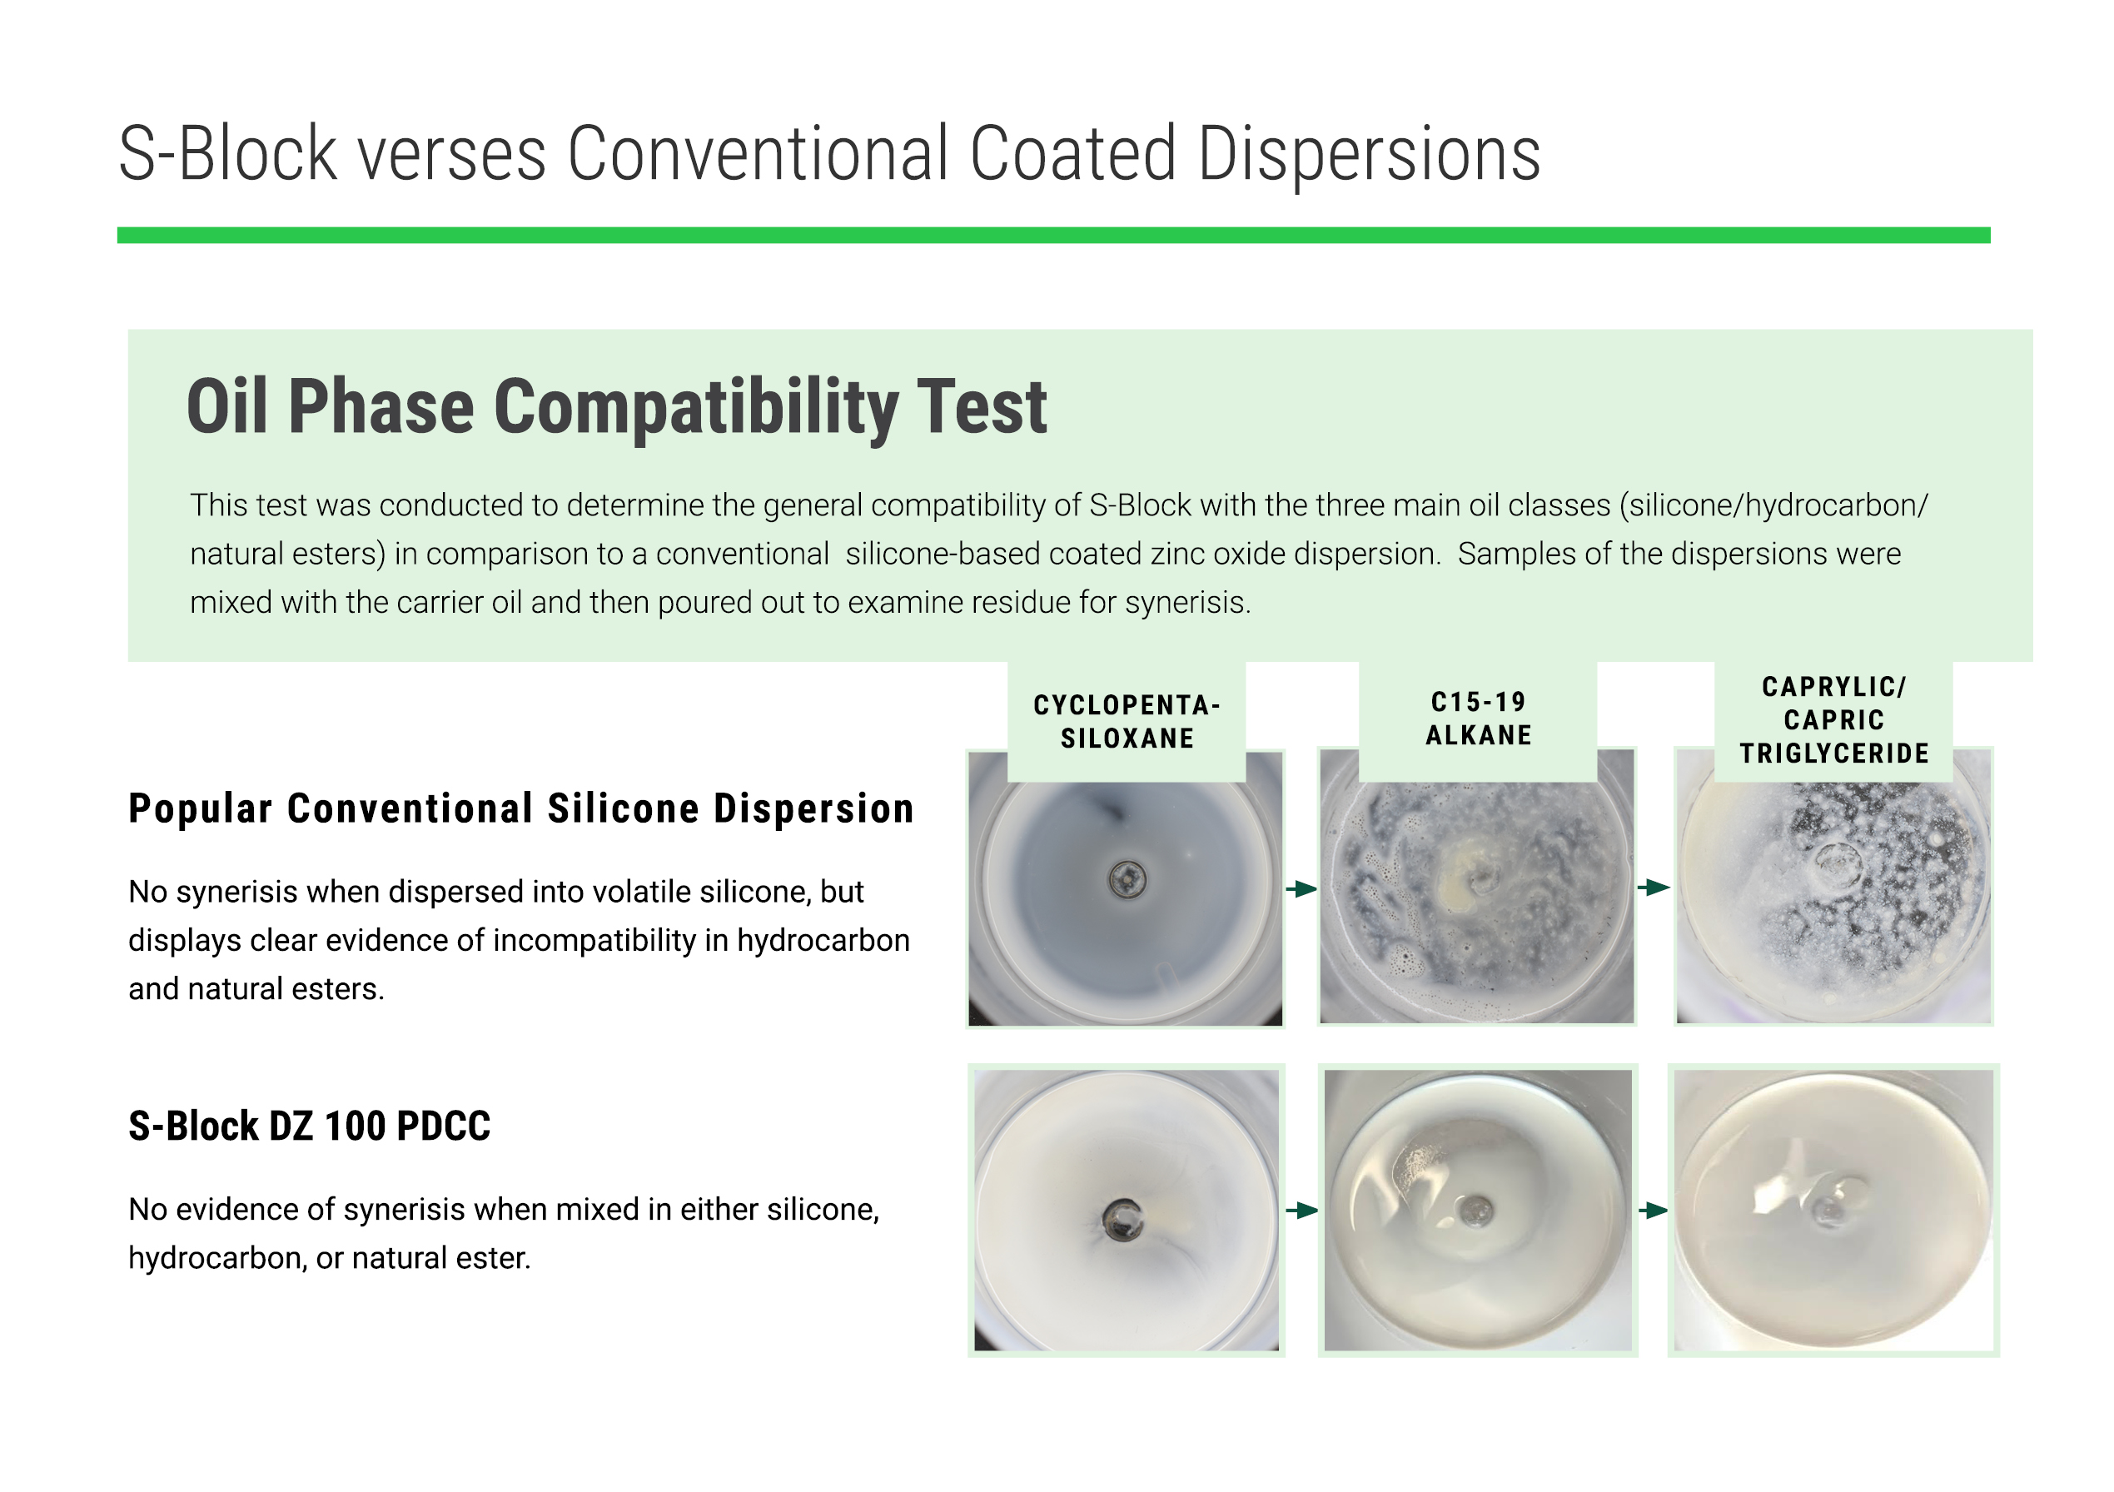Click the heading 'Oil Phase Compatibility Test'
tap(617, 407)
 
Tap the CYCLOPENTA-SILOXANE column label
tap(1127, 722)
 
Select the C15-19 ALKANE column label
tap(1479, 719)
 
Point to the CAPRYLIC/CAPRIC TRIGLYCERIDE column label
tap(1834, 720)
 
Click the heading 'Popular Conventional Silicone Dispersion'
tap(521, 809)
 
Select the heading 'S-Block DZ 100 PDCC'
tap(310, 1126)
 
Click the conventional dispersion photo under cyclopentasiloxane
tap(1125, 888)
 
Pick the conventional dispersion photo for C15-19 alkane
tap(1477, 887)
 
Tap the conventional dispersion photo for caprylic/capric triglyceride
tap(1834, 887)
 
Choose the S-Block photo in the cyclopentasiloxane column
tap(1126, 1211)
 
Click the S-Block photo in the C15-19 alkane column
tap(1478, 1211)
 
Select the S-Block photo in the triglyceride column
tap(1833, 1211)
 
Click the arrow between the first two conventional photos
tap(1301, 888)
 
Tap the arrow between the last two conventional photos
tap(1654, 887)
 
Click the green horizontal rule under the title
tap(1053, 236)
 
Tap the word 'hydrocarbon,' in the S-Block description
tap(218, 1258)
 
